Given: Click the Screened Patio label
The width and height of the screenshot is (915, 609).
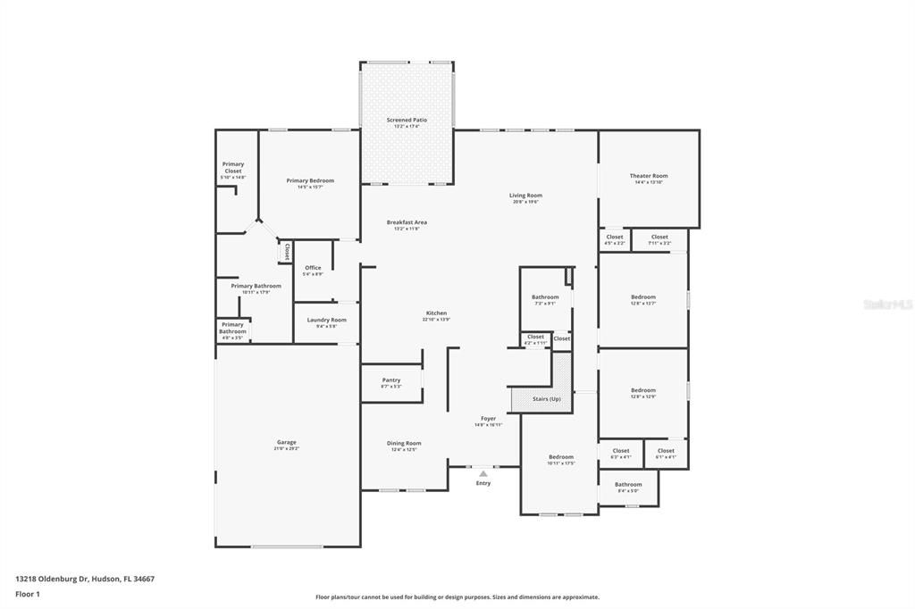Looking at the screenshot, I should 407,120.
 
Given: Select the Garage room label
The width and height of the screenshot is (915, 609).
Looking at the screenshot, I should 286,442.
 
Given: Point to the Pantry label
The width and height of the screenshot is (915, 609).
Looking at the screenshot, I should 390,380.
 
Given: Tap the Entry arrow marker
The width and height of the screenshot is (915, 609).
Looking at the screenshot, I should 483,473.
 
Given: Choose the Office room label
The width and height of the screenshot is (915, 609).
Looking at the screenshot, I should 313,268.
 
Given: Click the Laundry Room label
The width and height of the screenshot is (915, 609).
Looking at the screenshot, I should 326,320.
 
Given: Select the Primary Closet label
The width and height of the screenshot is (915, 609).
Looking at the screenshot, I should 233,167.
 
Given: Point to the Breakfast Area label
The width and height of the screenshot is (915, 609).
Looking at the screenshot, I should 407,222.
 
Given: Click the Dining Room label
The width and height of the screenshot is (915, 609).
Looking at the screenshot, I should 404,443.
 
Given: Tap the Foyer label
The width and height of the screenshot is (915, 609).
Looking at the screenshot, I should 488,418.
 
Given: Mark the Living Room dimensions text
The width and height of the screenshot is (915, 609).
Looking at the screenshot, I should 525,202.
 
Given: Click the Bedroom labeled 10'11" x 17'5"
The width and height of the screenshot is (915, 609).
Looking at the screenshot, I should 561,457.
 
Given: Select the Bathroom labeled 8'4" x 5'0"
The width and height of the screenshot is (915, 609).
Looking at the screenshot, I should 628,484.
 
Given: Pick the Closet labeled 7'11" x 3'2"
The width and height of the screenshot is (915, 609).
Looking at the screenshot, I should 659,238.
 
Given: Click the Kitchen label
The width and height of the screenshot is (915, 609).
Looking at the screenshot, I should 436,313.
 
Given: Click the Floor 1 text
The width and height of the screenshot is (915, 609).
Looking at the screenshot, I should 28,593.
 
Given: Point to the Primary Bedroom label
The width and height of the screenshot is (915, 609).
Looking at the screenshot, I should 310,180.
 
